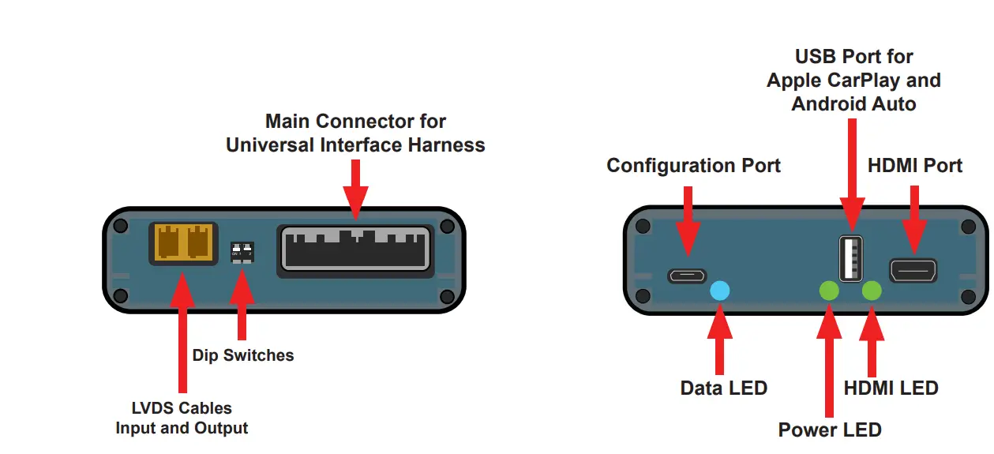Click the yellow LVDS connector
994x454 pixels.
tap(183, 242)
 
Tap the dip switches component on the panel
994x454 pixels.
tap(242, 251)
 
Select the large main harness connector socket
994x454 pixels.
tap(355, 250)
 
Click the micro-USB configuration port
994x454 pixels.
tap(688, 276)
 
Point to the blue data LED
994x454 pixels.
tap(720, 291)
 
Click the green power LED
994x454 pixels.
tap(829, 291)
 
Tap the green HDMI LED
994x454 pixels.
tap(872, 291)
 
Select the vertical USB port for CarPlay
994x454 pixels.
tap(851, 258)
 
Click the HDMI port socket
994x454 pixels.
tap(913, 271)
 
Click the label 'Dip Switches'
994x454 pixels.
tap(242, 355)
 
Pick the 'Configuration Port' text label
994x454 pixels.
tap(693, 166)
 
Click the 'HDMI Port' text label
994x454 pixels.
tap(914, 166)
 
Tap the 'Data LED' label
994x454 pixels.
tap(723, 388)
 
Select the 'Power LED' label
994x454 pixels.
tap(829, 430)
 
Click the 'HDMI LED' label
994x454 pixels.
tap(891, 388)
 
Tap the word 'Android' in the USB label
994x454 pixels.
tap(825, 103)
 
